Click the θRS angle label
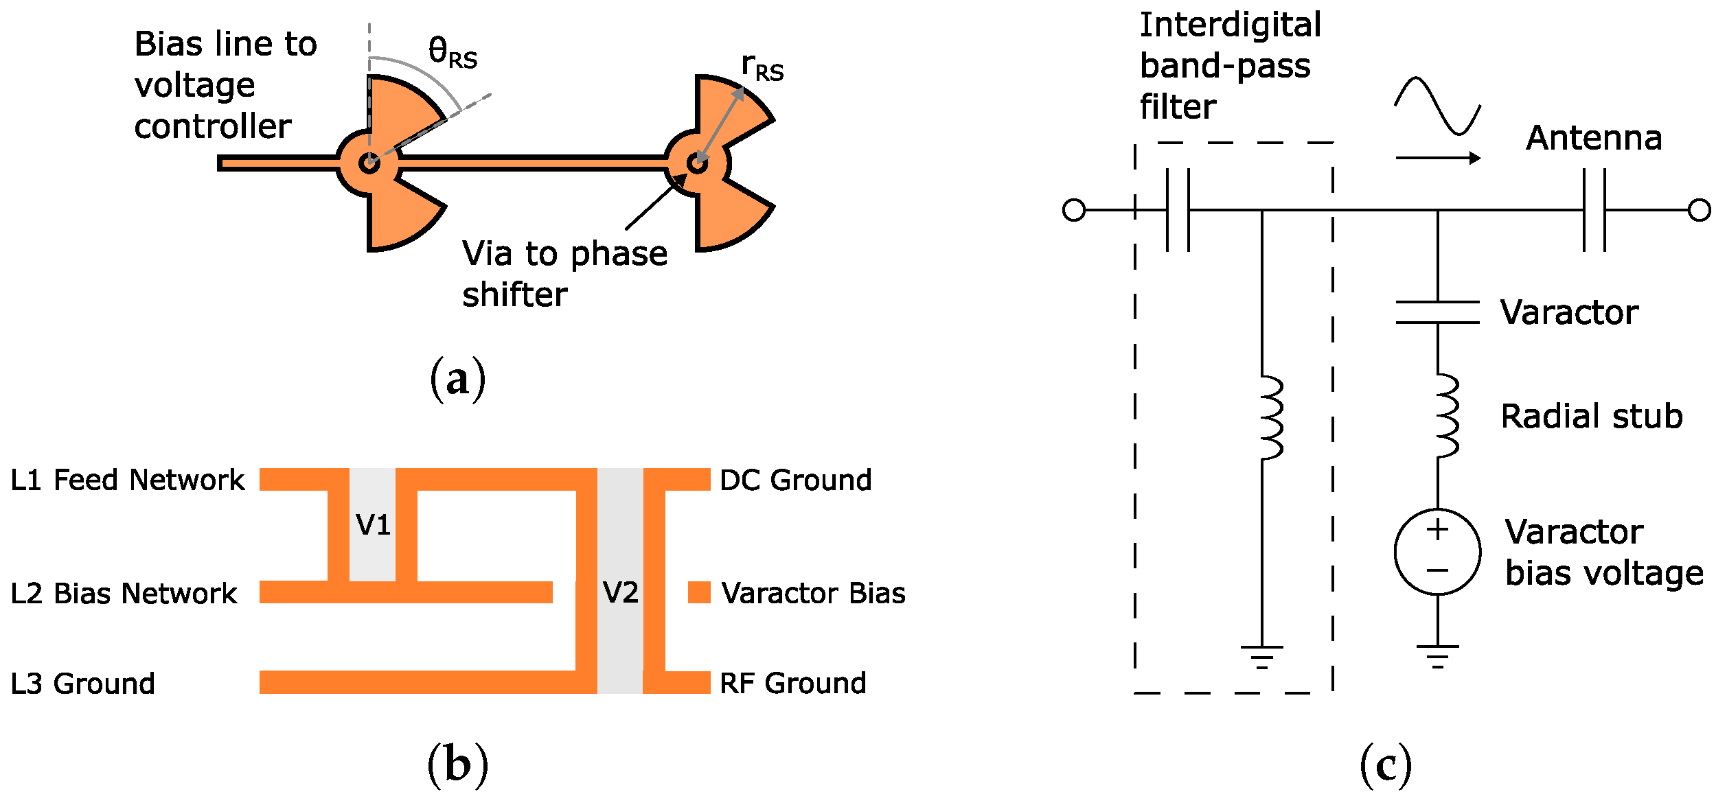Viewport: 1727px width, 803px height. coord(452,53)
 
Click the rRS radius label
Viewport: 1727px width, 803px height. coord(762,67)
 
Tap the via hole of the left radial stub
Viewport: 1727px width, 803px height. coord(369,163)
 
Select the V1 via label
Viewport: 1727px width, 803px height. coord(373,525)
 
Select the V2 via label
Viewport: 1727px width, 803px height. coord(620,592)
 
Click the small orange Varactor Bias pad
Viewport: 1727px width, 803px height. coord(699,592)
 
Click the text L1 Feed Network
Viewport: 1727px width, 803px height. coord(128,480)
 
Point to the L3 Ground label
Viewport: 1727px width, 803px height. coord(83,684)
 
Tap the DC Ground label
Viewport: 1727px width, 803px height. coord(795,480)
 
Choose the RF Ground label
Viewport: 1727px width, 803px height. coord(792,683)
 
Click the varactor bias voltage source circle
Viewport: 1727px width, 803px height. coord(1437,551)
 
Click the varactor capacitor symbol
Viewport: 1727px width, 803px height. coord(1437,312)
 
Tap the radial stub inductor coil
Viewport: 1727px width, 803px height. coord(1445,416)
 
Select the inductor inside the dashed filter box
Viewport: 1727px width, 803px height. coord(1270,417)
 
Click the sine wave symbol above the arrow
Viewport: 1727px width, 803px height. coord(1437,106)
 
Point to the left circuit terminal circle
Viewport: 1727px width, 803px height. coord(1074,210)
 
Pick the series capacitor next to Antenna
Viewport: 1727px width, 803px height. coord(1594,210)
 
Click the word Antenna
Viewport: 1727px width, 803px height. coord(1594,138)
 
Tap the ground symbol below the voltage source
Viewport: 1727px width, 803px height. coord(1437,655)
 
